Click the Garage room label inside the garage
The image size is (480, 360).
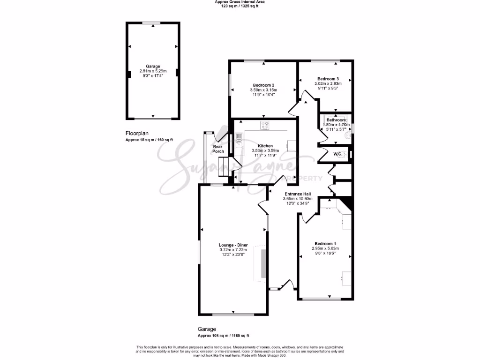click(153, 67)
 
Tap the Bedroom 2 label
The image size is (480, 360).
click(263, 85)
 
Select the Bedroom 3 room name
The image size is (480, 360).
click(328, 78)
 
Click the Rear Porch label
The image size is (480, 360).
click(218, 149)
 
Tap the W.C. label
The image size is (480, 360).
click(337, 153)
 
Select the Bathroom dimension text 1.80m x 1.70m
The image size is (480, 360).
click(336, 125)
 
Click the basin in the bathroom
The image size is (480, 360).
click(347, 136)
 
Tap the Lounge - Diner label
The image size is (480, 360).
click(232, 245)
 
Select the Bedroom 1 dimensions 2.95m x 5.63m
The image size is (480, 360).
click(325, 248)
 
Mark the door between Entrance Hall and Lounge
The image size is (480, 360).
click(262, 206)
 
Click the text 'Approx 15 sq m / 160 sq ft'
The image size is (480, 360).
click(149, 140)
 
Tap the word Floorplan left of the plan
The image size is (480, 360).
click(136, 133)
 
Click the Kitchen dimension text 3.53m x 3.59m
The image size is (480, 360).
click(265, 150)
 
